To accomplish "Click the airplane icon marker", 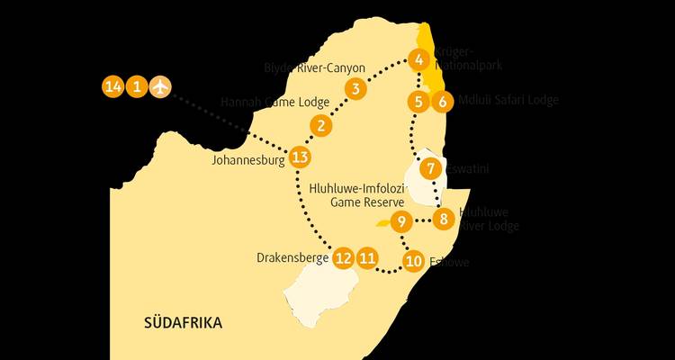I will point(160,87).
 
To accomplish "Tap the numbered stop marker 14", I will point(112,87).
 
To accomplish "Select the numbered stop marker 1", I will point(136,87).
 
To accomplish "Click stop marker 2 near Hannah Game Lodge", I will point(319,125).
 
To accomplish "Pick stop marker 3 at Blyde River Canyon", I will point(356,88).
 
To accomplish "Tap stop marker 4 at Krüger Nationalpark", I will point(418,60).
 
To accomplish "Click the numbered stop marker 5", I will point(418,101).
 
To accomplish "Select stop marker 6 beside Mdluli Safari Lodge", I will point(441,101).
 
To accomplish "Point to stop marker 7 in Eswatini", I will point(431,168).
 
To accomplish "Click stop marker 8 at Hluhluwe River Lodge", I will point(443,219).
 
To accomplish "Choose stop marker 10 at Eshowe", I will point(413,262).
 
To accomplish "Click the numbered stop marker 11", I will point(366,257).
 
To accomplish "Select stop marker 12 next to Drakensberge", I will point(343,257).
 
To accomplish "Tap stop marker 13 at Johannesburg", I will point(301,158).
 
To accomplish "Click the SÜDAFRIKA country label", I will point(183,322).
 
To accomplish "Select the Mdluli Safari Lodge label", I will point(508,100).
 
